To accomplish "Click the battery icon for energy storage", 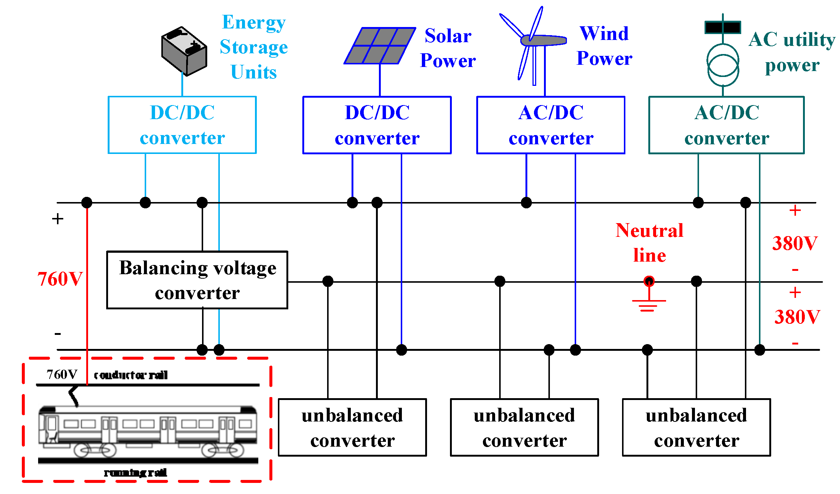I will (184, 51).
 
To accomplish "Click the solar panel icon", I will (380, 46).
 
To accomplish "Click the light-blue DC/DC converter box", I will (182, 125).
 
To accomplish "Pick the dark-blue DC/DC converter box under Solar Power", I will (377, 125).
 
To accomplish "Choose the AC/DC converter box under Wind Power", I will (551, 125).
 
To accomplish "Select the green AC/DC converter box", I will (726, 125).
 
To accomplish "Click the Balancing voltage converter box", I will (197, 280).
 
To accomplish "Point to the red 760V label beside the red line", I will (60, 279).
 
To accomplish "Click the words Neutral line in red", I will (649, 243).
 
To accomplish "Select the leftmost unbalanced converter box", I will (352, 427).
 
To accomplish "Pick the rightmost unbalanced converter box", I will (696, 427).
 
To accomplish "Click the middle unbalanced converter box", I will (524, 427).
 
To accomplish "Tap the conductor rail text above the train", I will (131, 375).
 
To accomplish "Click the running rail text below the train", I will (135, 473).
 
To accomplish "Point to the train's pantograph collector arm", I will (74, 396).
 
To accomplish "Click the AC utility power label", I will (792, 52).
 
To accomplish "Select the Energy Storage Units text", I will (254, 47).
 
